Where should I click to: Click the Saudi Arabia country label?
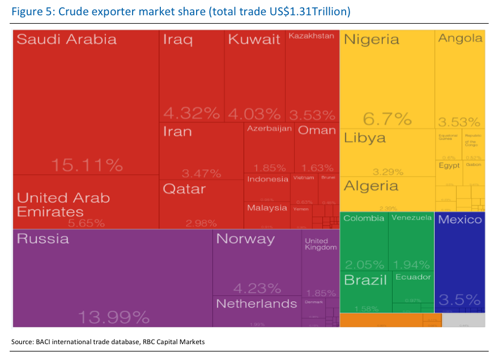[x=66, y=40]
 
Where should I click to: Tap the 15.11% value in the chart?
[x=87, y=165]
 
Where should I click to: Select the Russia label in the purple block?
[x=43, y=239]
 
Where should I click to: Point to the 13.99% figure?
[x=113, y=317]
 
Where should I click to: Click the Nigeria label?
[x=372, y=40]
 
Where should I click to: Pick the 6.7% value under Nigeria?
[x=387, y=119]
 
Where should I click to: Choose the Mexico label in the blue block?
[x=460, y=220]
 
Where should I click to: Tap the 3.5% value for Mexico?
[x=460, y=300]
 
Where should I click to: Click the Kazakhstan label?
[x=311, y=36]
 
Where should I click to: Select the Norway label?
[x=245, y=239]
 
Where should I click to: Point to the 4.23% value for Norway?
[x=257, y=288]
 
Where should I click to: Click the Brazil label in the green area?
[x=365, y=280]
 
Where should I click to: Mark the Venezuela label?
[x=412, y=218]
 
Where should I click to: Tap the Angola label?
[x=461, y=38]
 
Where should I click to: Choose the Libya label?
[x=365, y=138]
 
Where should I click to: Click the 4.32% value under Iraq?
[x=191, y=113]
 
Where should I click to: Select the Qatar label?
[x=184, y=189]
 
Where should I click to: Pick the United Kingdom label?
[x=321, y=244]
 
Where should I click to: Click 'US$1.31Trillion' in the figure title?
[x=304, y=11]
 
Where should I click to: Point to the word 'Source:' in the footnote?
[x=22, y=342]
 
